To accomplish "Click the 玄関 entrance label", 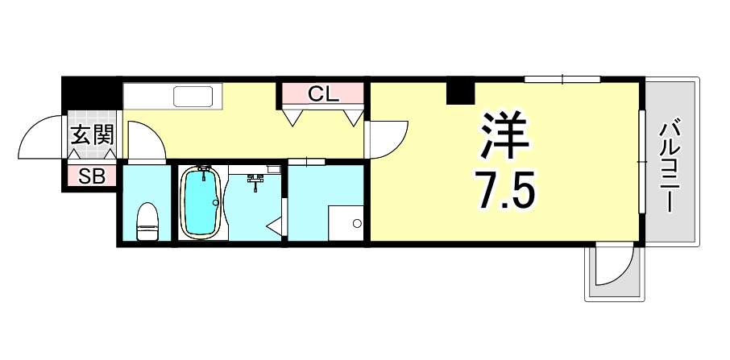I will coord(91,135).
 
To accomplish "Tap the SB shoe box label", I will coord(91,177).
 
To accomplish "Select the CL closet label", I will coord(322,93).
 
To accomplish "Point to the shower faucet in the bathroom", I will coord(256,181).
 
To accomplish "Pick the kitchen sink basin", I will coord(193,98).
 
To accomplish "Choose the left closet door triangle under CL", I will coord(293,117).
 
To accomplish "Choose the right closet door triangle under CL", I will coord(352,117).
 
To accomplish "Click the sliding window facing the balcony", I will coord(642,161).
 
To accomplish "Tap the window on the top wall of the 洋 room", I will coord(562,79).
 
